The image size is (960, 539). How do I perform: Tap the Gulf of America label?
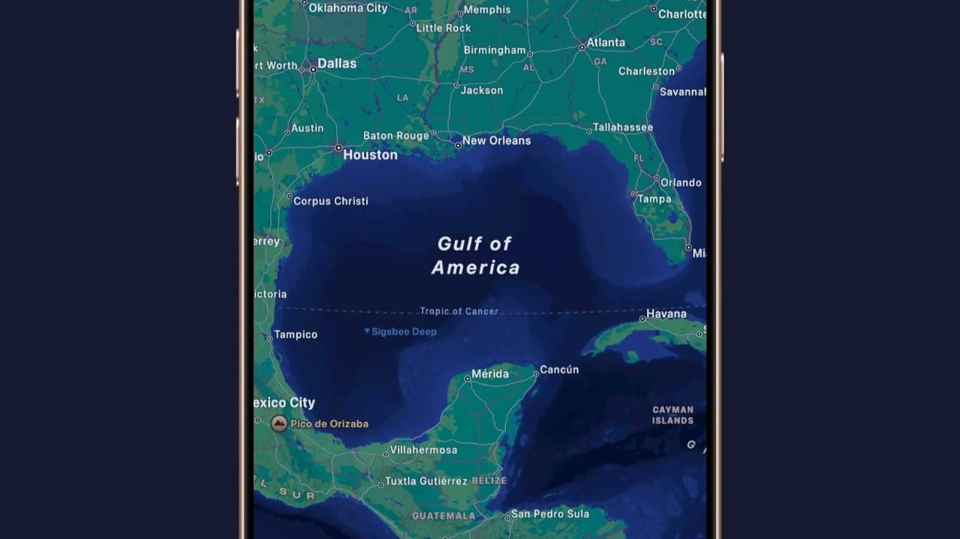click(x=475, y=256)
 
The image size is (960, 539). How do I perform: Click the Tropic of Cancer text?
click(x=459, y=311)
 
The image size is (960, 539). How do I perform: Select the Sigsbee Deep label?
click(x=404, y=331)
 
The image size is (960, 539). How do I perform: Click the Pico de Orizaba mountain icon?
click(x=279, y=424)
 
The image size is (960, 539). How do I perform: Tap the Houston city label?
click(x=370, y=155)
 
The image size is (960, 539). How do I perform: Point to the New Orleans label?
click(x=496, y=140)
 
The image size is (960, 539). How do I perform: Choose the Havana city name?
click(x=667, y=313)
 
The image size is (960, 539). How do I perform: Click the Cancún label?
click(x=559, y=370)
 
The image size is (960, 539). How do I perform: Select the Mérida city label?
click(x=490, y=374)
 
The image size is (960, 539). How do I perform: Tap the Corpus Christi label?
click(x=330, y=201)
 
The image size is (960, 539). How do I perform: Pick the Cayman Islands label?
click(x=673, y=415)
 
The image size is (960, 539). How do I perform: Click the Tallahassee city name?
click(x=622, y=127)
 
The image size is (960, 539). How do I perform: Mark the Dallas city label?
click(x=337, y=64)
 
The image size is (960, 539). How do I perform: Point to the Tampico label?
click(x=296, y=334)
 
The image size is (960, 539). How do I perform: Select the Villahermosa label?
click(x=424, y=450)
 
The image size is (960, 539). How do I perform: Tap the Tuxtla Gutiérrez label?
click(x=426, y=481)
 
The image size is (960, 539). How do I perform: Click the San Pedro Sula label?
click(x=550, y=514)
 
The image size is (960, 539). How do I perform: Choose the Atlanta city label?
click(x=606, y=43)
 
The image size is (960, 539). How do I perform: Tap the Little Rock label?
click(x=444, y=28)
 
